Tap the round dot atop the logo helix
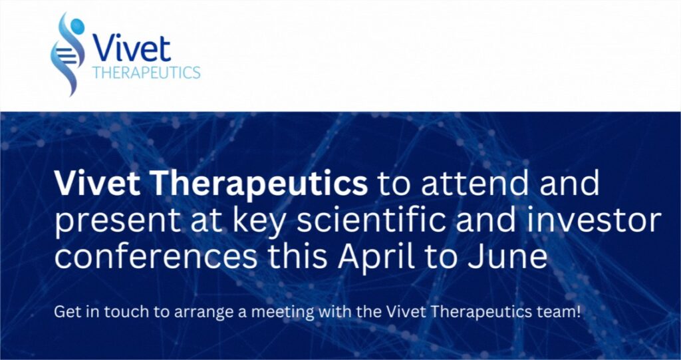pyautogui.click(x=77, y=25)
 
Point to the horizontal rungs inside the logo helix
pyautogui.click(x=66, y=54)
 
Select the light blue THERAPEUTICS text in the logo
pyautogui.click(x=146, y=72)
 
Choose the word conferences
pyautogui.click(x=156, y=256)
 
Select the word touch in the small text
pyautogui.click(x=114, y=312)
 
